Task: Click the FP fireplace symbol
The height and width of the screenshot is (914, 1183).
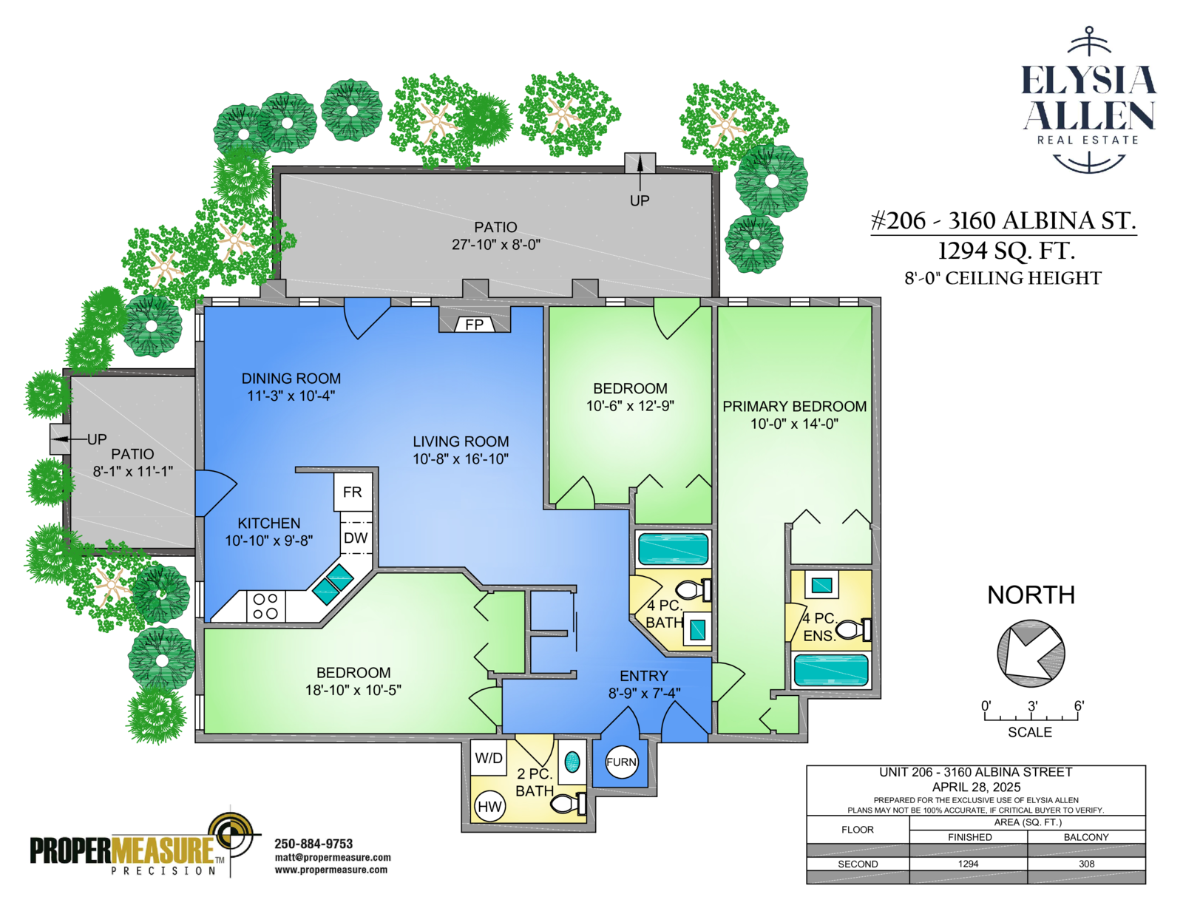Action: [x=474, y=325]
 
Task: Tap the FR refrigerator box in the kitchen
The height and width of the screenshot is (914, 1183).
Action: [x=353, y=492]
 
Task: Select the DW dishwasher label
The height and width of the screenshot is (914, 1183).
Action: [x=356, y=538]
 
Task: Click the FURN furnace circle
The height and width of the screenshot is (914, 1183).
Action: [x=621, y=762]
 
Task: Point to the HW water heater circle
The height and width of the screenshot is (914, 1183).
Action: [x=489, y=806]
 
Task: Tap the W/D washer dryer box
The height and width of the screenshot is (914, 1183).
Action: [x=488, y=758]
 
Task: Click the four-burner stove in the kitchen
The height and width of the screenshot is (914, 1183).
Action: [x=265, y=606]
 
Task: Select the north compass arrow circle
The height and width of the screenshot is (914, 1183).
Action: [x=1031, y=653]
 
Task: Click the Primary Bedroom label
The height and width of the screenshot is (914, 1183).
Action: [x=794, y=406]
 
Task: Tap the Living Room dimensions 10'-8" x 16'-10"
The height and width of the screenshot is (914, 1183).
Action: [x=461, y=459]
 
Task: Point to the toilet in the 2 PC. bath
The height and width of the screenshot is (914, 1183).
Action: [x=568, y=804]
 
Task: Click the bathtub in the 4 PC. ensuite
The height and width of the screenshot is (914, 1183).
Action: [x=831, y=669]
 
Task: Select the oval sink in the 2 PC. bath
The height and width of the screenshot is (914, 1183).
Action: [x=572, y=762]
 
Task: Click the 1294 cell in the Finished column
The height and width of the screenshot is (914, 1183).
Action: [x=969, y=864]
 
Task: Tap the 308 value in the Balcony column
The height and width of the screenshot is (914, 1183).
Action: [x=1087, y=864]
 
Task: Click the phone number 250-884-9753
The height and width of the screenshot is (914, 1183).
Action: [x=313, y=844]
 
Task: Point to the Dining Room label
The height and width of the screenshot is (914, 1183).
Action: [x=291, y=379]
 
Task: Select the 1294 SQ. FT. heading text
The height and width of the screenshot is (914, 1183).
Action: [x=1006, y=251]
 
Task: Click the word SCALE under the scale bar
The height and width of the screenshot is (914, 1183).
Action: [x=1030, y=732]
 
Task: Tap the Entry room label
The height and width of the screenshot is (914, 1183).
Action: [x=644, y=676]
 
